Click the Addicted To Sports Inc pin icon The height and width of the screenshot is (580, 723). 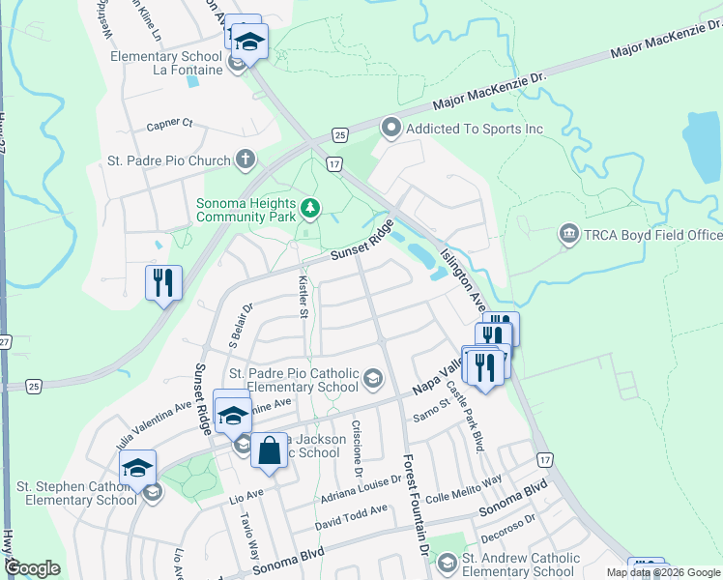pos(391,128)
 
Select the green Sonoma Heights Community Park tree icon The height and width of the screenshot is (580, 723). pos(309,207)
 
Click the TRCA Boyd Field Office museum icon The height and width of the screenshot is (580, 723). pos(568,235)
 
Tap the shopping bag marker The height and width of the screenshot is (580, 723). pos(270,449)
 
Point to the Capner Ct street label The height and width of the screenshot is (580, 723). pos(170,125)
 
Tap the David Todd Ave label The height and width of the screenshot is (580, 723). pos(351,516)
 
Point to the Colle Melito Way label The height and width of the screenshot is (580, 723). pos(464,483)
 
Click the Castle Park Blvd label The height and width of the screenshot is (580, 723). pos(475,426)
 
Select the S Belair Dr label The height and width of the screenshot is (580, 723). pos(240,325)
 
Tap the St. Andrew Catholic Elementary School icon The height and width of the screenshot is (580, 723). pos(447,563)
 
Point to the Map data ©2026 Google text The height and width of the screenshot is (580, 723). pos(662,572)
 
